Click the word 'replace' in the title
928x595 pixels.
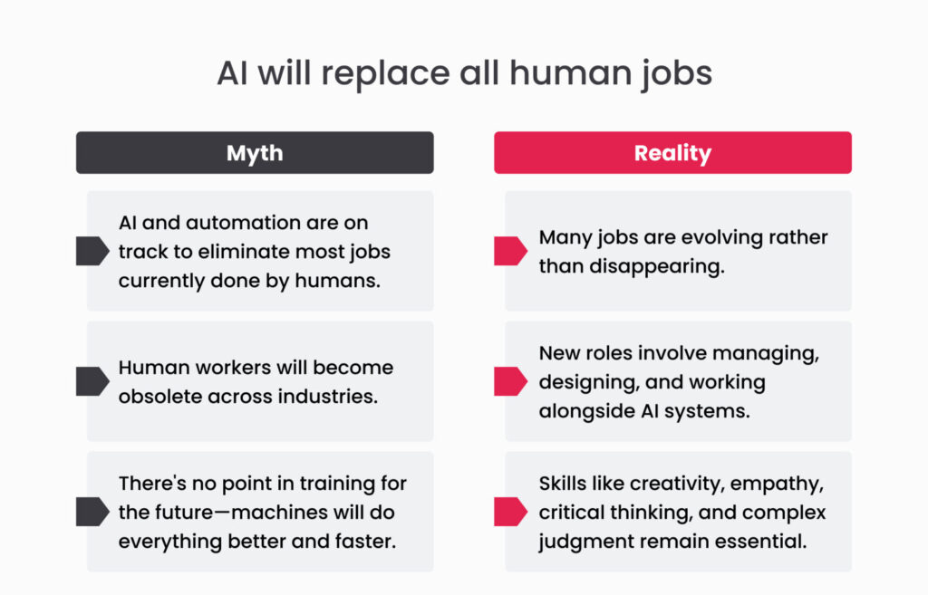pyautogui.click(x=384, y=74)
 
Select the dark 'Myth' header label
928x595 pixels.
pyautogui.click(x=255, y=152)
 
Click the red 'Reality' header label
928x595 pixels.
pyautogui.click(x=673, y=152)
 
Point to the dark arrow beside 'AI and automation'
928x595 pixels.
pyautogui.click(x=92, y=251)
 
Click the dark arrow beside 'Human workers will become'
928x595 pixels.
pyautogui.click(x=92, y=381)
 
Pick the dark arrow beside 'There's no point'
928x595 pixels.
pyautogui.click(x=92, y=512)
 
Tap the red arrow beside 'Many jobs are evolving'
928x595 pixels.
pyautogui.click(x=510, y=251)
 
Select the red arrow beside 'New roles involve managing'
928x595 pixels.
pyautogui.click(x=510, y=381)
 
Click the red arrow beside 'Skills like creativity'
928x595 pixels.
pyautogui.click(x=510, y=512)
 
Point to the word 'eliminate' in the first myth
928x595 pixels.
pyautogui.click(x=243, y=252)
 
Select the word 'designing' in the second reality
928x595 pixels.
pyautogui.click(x=589, y=383)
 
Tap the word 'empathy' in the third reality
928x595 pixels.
pyautogui.click(x=777, y=485)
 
